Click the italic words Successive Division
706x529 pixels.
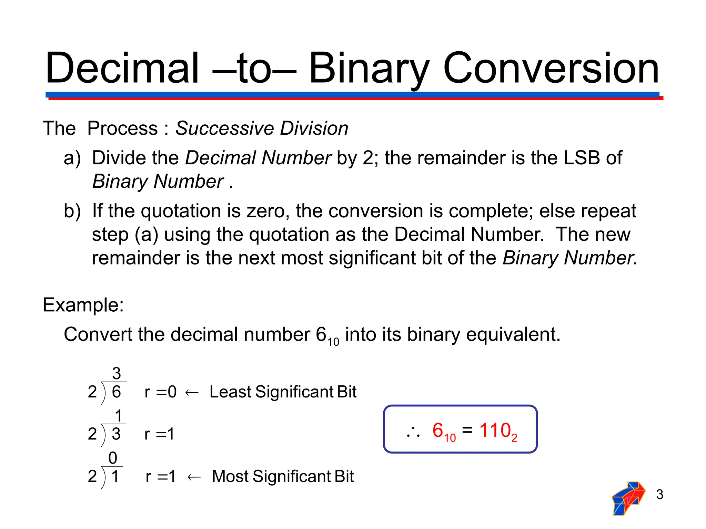(262, 128)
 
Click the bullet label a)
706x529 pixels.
(72, 158)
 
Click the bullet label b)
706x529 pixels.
(72, 211)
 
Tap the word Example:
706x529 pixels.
(83, 305)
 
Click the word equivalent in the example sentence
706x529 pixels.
(513, 334)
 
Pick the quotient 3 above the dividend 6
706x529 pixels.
(117, 373)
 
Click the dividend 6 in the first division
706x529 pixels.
(117, 392)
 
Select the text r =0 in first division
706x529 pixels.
(160, 392)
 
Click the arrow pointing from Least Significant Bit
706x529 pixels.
(192, 393)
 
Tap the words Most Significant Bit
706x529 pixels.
(283, 476)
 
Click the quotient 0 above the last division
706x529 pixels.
(113, 458)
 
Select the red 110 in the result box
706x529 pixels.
(495, 431)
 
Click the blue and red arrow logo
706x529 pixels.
(628, 498)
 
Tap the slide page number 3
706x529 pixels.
(659, 495)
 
